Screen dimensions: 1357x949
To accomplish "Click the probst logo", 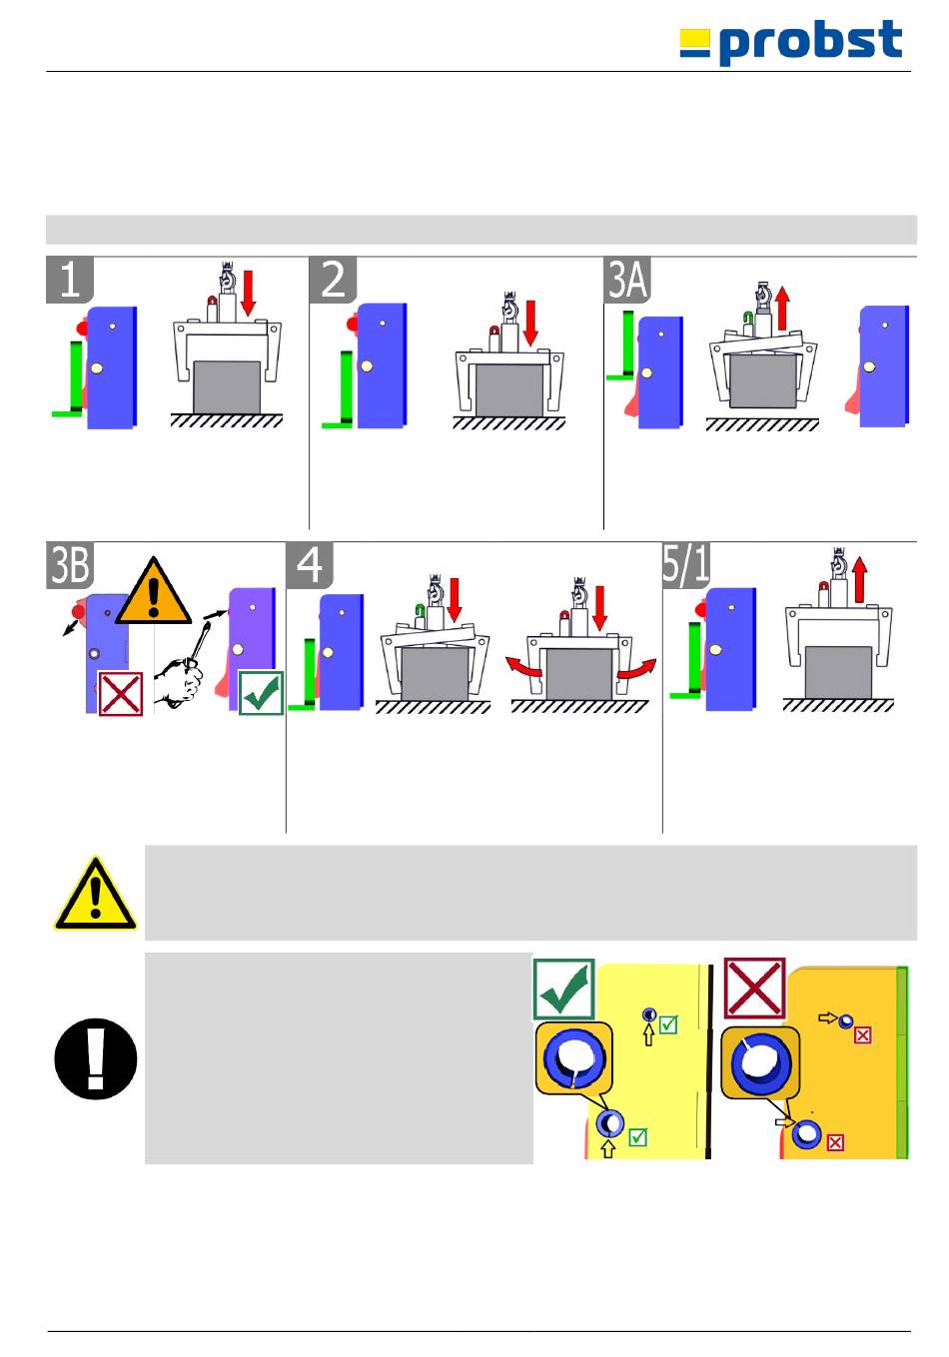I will click(791, 43).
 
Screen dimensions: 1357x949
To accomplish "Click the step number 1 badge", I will click(70, 280).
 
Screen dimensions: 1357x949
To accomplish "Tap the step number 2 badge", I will click(334, 280).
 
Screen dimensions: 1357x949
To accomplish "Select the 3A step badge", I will click(628, 280).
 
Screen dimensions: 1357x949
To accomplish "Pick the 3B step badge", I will click(70, 565).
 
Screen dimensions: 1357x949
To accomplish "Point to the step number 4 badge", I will click(310, 565).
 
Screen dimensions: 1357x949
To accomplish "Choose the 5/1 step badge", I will click(686, 565).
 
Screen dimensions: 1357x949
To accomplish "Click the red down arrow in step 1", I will click(248, 290).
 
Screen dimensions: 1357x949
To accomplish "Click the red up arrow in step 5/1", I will click(860, 580).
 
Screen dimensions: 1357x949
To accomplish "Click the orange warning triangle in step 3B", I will click(153, 593).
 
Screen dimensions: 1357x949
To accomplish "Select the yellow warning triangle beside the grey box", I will click(95, 894).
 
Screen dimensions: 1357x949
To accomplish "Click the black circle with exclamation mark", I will click(95, 1058).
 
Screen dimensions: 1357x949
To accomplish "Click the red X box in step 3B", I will click(120, 693).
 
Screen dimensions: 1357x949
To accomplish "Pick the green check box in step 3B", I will click(261, 693).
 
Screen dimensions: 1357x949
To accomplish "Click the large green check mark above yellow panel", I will click(564, 989).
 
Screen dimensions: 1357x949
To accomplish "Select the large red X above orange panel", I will click(754, 989).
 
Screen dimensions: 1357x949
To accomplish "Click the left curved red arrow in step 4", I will click(524, 666).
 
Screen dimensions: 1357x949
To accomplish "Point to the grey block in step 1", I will click(227, 386).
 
